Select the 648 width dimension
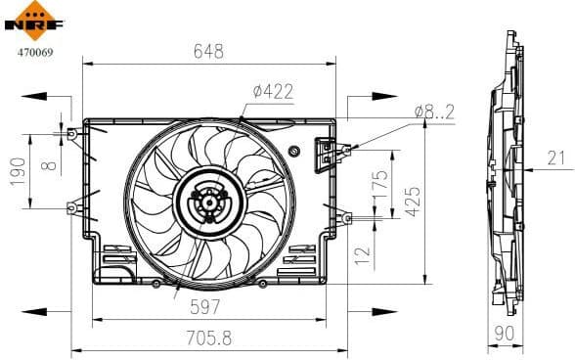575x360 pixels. coord(208,50)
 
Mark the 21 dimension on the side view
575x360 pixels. coord(555,157)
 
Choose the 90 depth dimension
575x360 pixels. coord(506,335)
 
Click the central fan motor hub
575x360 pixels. coord(205,203)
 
